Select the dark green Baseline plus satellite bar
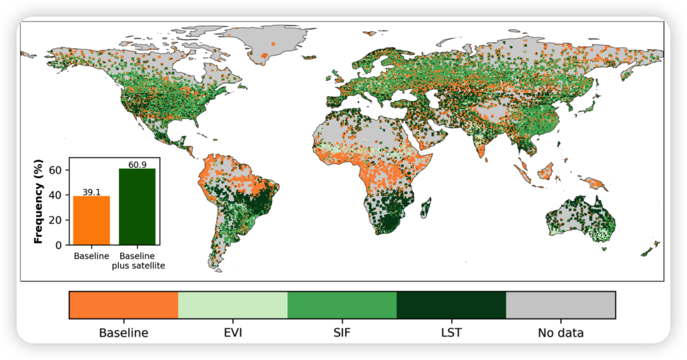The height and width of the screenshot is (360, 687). [137, 207]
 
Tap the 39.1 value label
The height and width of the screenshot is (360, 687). [92, 192]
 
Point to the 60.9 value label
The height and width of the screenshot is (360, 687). [137, 165]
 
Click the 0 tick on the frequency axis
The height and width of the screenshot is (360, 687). [59, 245]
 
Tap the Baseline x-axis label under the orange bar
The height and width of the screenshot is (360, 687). [92, 256]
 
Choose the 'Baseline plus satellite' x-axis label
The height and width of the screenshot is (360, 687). [137, 261]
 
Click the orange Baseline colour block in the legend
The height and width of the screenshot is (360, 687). [123, 305]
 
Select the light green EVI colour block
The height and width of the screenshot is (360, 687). [233, 305]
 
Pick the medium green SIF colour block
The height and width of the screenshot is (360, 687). [342, 305]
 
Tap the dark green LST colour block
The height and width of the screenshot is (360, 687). [451, 305]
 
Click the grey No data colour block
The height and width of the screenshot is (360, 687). [560, 305]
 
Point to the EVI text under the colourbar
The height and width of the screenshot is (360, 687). [233, 333]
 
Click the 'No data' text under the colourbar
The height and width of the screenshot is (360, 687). [560, 333]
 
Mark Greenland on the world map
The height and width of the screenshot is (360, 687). [267, 41]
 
